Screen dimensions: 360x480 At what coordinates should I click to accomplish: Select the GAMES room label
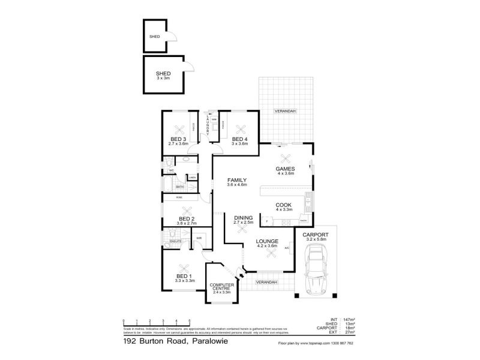point(284,169)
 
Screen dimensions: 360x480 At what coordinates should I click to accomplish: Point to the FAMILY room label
point(238,179)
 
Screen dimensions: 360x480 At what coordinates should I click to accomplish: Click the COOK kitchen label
point(283,205)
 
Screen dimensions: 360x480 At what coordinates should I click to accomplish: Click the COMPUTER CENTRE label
point(221,287)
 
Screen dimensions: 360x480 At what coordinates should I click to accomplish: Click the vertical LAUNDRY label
point(208,126)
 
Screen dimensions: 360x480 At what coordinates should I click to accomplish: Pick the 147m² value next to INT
point(349,320)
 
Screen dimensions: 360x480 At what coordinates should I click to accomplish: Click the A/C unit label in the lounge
point(287,247)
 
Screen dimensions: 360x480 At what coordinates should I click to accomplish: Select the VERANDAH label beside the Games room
point(284,112)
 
